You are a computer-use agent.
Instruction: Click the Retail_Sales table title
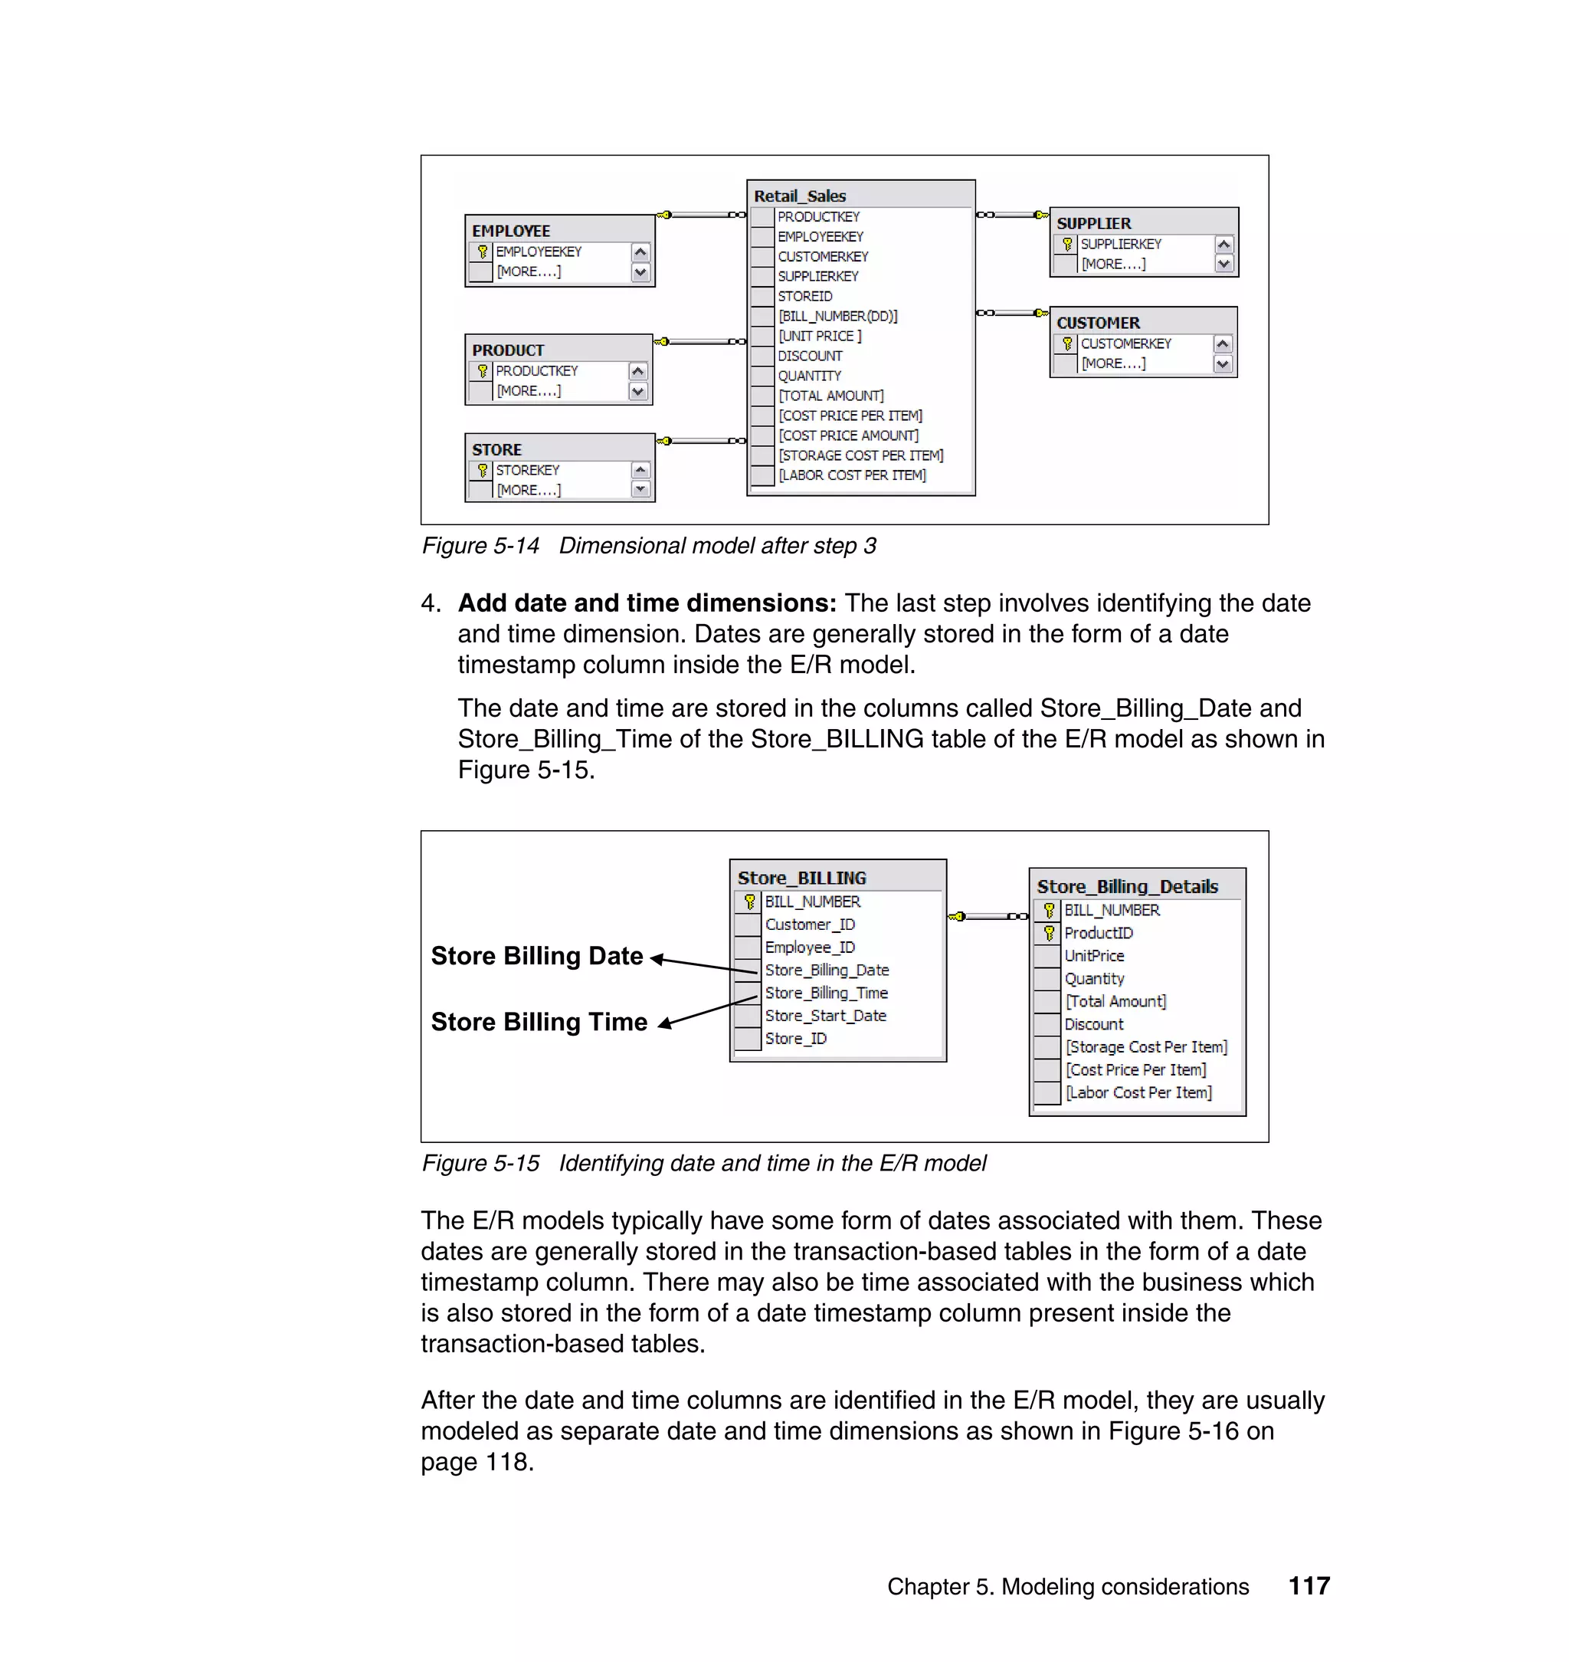point(800,195)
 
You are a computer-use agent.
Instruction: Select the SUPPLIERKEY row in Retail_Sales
point(817,276)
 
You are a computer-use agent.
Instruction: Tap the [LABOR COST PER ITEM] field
point(851,475)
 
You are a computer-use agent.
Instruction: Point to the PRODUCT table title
point(508,350)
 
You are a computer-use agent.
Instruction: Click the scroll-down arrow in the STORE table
point(640,490)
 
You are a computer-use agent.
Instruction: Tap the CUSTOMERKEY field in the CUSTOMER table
point(1125,344)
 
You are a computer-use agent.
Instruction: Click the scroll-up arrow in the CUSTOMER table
point(1223,344)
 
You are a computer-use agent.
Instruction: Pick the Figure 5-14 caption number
point(480,547)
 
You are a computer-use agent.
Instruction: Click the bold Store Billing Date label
point(537,956)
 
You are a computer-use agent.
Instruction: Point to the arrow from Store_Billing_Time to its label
point(706,1011)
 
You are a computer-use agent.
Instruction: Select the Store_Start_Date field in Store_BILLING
point(824,1016)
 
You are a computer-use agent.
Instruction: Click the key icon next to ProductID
point(1049,933)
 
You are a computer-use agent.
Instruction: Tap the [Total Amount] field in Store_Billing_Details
point(1115,1002)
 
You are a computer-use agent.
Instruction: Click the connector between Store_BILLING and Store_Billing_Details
point(988,916)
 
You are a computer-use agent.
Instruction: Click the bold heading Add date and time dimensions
point(647,603)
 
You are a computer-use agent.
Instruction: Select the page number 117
point(1309,1586)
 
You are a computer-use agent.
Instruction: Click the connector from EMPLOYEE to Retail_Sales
point(701,215)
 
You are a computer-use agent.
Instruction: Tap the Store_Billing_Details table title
point(1126,886)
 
